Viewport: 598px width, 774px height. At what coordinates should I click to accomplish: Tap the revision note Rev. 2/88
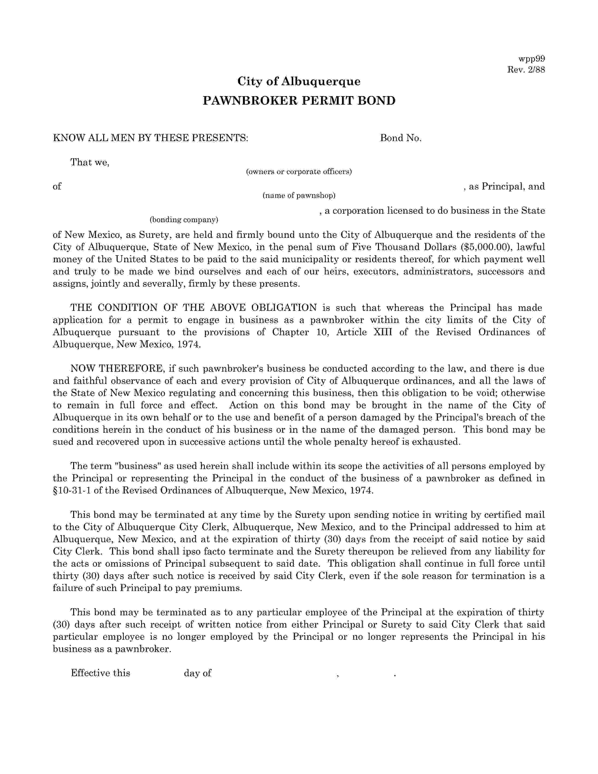[526, 70]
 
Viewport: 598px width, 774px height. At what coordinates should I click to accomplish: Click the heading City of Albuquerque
[299, 82]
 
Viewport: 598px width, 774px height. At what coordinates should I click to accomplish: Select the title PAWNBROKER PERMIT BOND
[299, 101]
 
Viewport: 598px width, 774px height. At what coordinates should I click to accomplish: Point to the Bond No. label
[400, 138]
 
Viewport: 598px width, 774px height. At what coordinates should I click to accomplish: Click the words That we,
[90, 162]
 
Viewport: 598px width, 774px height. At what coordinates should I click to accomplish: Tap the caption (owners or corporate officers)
[299, 172]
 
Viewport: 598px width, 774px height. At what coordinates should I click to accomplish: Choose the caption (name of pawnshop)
[299, 196]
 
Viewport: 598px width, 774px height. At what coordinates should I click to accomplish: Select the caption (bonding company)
[184, 220]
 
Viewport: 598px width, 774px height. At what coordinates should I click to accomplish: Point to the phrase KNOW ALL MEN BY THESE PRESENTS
[150, 138]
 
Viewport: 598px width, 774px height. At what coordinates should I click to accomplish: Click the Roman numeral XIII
[383, 332]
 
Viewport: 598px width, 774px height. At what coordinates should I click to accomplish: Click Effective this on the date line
[101, 673]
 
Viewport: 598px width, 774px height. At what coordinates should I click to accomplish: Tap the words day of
[197, 673]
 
